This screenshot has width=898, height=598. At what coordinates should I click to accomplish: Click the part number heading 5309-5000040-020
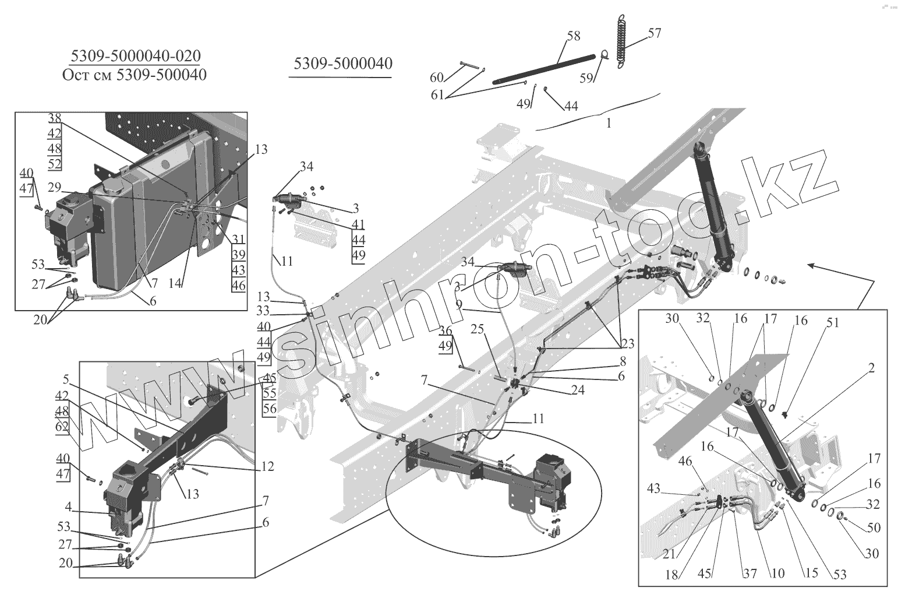[x=135, y=56]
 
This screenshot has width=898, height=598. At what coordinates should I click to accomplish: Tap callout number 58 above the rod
[x=574, y=36]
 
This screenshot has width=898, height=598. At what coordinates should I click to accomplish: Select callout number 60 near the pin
[x=437, y=78]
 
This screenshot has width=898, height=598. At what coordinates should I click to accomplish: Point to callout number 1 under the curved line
[x=609, y=124]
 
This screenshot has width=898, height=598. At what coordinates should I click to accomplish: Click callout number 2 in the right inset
[x=871, y=368]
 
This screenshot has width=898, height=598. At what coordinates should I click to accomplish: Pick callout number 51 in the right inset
[x=833, y=322]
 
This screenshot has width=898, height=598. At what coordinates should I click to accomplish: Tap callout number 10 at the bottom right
[x=778, y=574]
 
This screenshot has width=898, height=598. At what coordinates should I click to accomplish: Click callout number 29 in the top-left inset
[x=54, y=187]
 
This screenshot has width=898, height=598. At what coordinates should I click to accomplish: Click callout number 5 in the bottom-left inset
[x=66, y=379]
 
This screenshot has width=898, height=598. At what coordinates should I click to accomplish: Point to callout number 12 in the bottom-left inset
[x=267, y=467]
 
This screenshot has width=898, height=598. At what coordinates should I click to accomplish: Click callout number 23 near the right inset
[x=627, y=344]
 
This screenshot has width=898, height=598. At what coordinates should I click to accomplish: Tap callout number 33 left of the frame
[x=263, y=311]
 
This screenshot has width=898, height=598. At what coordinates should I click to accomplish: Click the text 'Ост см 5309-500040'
[x=134, y=75]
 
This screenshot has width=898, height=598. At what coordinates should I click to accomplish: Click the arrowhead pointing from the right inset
[x=810, y=265]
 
